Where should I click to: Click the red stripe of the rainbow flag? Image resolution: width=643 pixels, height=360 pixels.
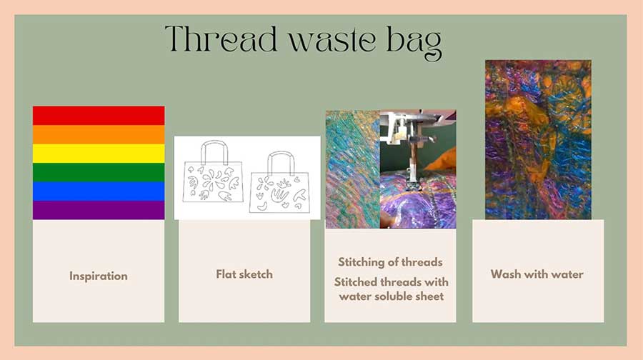pyautogui.click(x=99, y=115)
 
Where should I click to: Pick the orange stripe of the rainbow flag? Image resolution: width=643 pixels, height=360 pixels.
pyautogui.click(x=99, y=134)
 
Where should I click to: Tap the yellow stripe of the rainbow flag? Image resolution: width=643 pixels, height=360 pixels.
pyautogui.click(x=99, y=153)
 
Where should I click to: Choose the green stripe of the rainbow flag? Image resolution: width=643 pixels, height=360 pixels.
pyautogui.click(x=99, y=172)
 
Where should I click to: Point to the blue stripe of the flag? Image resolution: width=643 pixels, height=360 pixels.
pyautogui.click(x=99, y=191)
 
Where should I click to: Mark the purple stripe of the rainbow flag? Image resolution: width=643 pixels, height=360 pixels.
pyautogui.click(x=99, y=210)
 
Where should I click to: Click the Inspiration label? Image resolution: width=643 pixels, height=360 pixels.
pyautogui.click(x=99, y=276)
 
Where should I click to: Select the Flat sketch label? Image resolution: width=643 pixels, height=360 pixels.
pyautogui.click(x=244, y=274)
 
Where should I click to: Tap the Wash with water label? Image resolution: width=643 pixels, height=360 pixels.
pyautogui.click(x=537, y=274)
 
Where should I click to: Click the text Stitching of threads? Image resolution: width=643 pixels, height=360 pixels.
pyautogui.click(x=390, y=261)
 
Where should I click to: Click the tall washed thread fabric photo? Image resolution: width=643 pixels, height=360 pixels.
pyautogui.click(x=538, y=139)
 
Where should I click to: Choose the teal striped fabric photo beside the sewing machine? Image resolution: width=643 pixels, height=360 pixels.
pyautogui.click(x=352, y=169)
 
